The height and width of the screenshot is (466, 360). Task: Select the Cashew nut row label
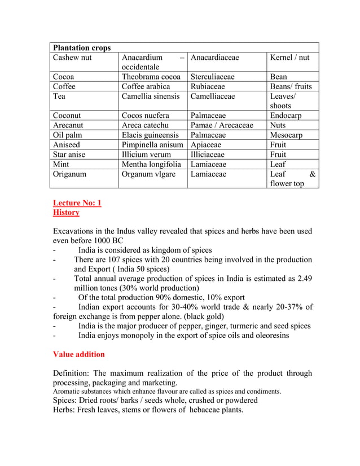(x=72, y=58)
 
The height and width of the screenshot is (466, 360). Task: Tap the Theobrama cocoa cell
(x=151, y=77)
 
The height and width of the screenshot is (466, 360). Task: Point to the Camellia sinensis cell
(x=151, y=96)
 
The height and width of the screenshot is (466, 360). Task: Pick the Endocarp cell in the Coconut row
(x=286, y=116)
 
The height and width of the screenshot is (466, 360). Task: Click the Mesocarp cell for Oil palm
(x=286, y=135)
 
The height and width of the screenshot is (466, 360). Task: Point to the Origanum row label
(x=70, y=174)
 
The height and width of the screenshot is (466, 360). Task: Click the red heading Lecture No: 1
(x=77, y=203)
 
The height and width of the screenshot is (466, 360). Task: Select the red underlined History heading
(x=66, y=213)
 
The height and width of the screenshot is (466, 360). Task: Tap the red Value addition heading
(x=78, y=354)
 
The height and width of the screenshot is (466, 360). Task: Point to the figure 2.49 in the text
(x=303, y=279)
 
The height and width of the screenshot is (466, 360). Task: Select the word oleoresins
(x=269, y=335)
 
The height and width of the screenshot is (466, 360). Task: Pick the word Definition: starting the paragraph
(x=72, y=373)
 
